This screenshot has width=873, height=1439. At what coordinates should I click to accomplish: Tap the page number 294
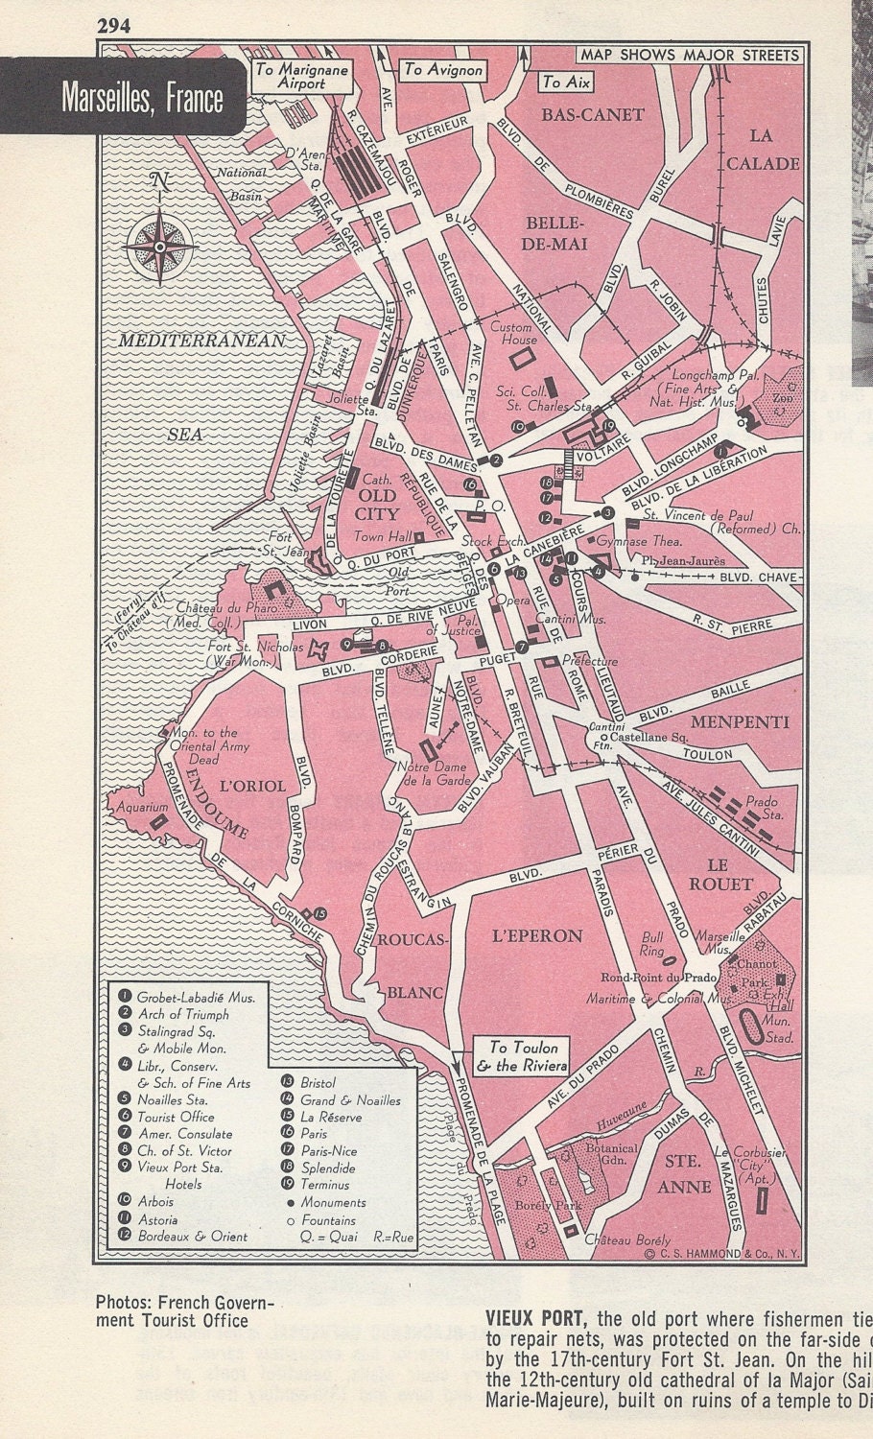[x=113, y=26]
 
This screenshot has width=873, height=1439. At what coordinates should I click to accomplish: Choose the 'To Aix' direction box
[x=565, y=83]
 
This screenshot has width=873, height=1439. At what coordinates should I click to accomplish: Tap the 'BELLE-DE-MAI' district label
[x=554, y=233]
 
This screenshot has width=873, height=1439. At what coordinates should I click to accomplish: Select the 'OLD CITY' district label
[x=376, y=505]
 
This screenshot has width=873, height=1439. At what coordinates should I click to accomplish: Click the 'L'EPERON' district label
[x=536, y=935]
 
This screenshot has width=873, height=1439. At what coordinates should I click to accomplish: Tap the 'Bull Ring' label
[x=652, y=943]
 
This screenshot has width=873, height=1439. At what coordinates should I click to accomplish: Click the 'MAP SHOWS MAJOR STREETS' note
[x=689, y=55]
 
